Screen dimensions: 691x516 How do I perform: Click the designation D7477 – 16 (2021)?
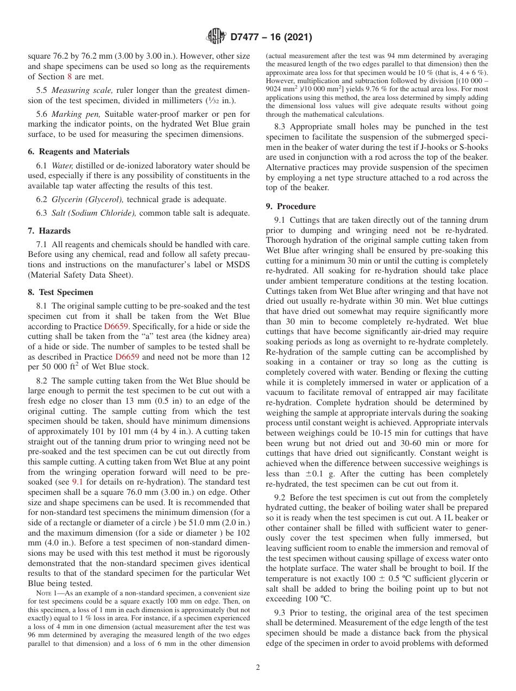click(x=271, y=37)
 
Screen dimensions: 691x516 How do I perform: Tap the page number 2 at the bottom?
click(x=258, y=667)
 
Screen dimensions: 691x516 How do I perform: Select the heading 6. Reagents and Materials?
click(x=78, y=152)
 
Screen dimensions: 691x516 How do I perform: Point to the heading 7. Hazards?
click(x=49, y=231)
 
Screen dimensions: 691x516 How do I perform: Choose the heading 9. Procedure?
click(x=291, y=206)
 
